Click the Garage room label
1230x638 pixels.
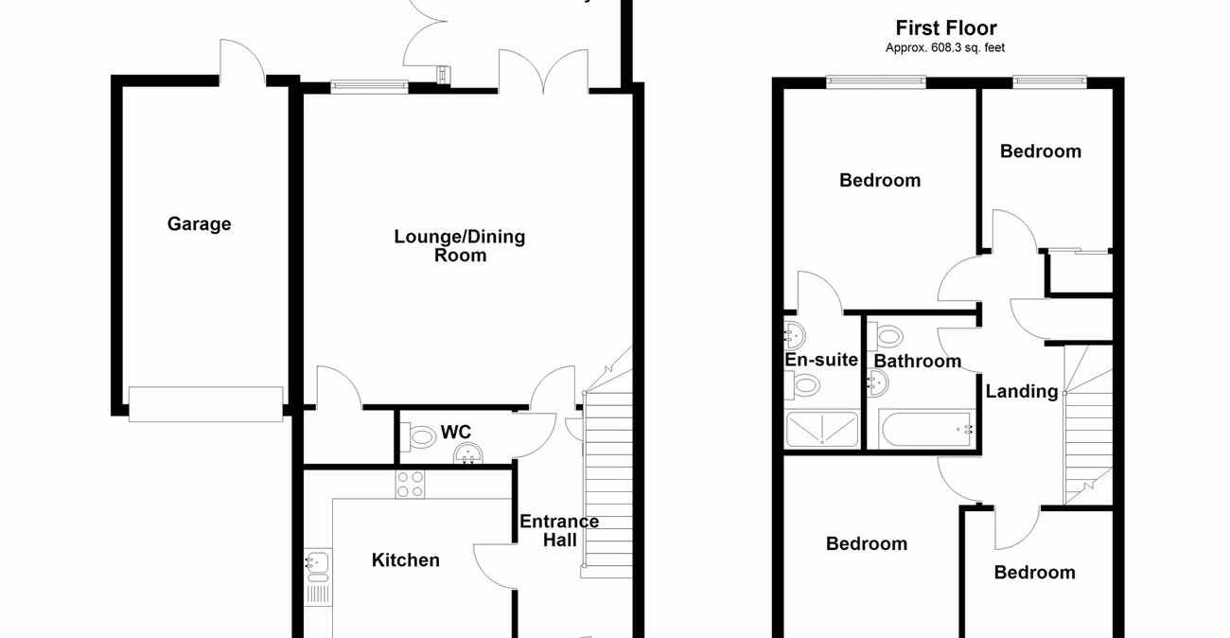click(199, 224)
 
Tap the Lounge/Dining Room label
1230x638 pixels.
click(459, 245)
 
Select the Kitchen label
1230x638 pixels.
click(405, 560)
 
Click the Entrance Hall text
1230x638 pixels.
click(558, 530)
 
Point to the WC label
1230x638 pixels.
click(456, 433)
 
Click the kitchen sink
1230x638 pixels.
click(315, 564)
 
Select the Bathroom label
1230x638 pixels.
click(917, 361)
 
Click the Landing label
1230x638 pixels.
click(1022, 391)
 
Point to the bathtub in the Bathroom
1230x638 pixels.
click(925, 430)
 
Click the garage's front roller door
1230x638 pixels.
click(205, 403)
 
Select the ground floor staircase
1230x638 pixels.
click(607, 483)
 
